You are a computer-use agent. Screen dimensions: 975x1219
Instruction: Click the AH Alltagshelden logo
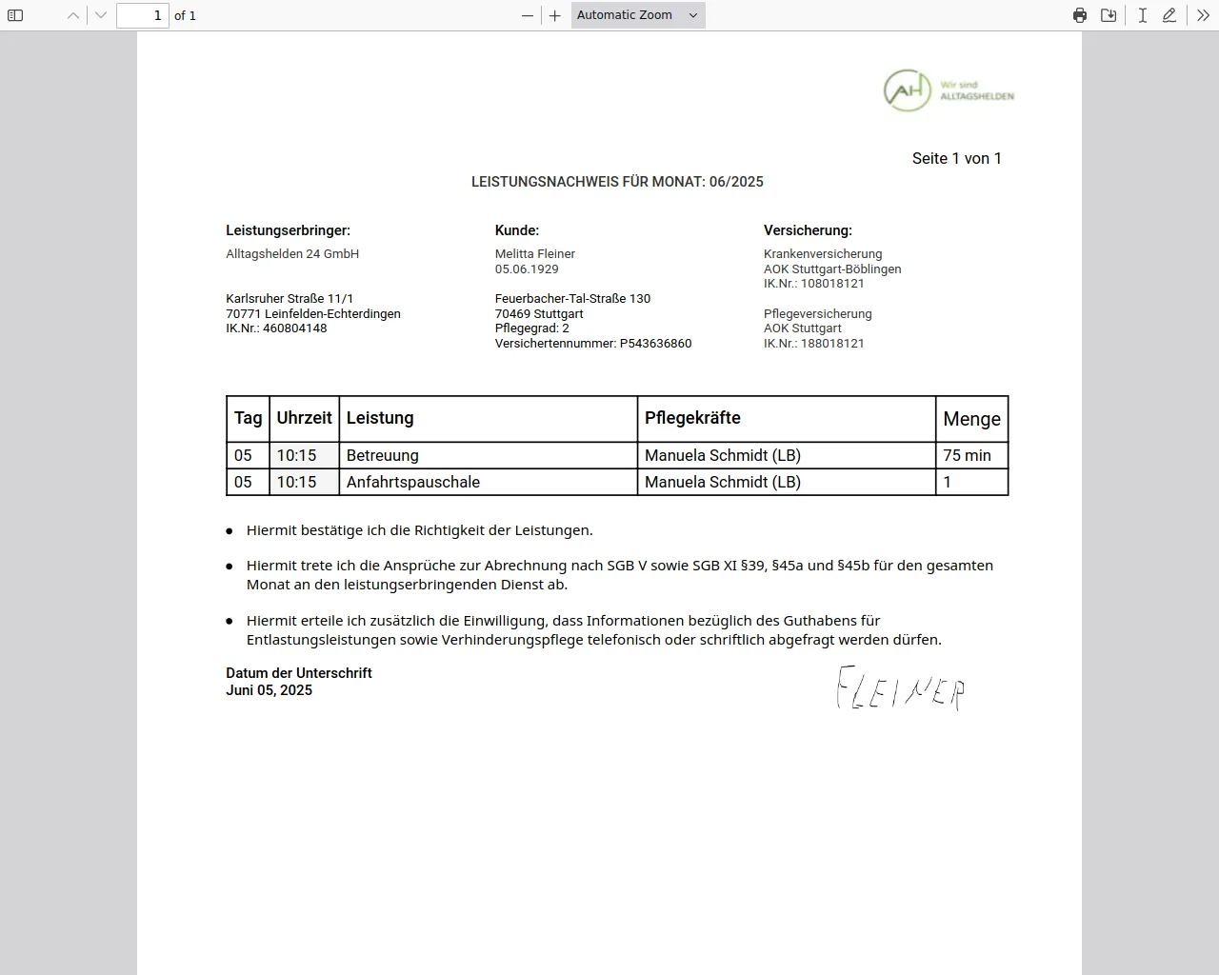[948, 90]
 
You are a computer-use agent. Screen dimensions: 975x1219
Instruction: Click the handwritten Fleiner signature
[900, 688]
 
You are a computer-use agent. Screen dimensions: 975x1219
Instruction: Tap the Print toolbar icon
[1079, 15]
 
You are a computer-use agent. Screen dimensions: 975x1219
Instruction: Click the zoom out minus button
[528, 15]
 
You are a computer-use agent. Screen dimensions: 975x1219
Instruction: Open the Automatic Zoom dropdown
[638, 15]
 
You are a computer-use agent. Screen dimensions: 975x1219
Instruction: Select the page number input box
[143, 15]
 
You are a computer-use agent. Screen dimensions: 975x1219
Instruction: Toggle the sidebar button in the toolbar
[15, 15]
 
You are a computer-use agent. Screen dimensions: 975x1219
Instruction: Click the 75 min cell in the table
[967, 455]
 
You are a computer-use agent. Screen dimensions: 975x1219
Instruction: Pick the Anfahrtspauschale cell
[413, 482]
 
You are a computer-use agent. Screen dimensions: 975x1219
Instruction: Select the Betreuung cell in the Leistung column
[383, 455]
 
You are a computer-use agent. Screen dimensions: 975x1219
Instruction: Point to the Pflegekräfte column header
[692, 418]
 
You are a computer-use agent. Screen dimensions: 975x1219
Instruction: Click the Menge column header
[971, 419]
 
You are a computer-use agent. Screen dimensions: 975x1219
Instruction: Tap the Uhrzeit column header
[304, 418]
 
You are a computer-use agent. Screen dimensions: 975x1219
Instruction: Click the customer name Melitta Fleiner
[535, 254]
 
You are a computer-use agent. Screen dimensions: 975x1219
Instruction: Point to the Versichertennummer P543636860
[593, 344]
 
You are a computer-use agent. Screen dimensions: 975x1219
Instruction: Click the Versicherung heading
[808, 230]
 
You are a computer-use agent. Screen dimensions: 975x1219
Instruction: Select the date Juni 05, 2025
[270, 690]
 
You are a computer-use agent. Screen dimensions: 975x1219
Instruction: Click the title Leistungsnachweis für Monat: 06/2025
[617, 182]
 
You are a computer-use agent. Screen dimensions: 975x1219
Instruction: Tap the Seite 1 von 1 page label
[956, 159]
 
